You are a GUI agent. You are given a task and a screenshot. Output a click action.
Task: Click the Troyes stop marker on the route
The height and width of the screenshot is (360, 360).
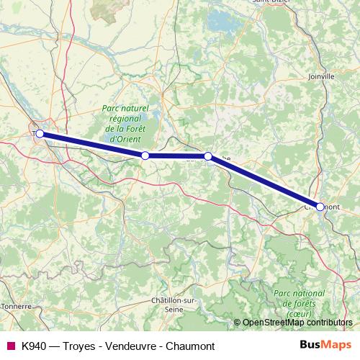(x=40, y=133)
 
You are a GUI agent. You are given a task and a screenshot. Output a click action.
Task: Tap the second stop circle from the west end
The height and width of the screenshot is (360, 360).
(x=145, y=156)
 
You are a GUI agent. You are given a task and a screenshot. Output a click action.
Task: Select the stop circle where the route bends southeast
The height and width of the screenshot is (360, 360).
(x=207, y=156)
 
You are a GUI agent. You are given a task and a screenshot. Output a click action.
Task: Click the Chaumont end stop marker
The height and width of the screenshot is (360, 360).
(x=320, y=207)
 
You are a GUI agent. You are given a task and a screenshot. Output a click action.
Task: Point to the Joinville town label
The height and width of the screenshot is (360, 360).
(x=321, y=76)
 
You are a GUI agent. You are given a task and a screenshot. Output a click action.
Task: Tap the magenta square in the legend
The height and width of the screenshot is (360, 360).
(x=10, y=345)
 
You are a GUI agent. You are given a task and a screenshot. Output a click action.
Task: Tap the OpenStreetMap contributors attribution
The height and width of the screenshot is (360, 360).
(x=296, y=323)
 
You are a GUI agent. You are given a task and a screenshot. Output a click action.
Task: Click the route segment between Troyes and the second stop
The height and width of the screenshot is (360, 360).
(x=92, y=145)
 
